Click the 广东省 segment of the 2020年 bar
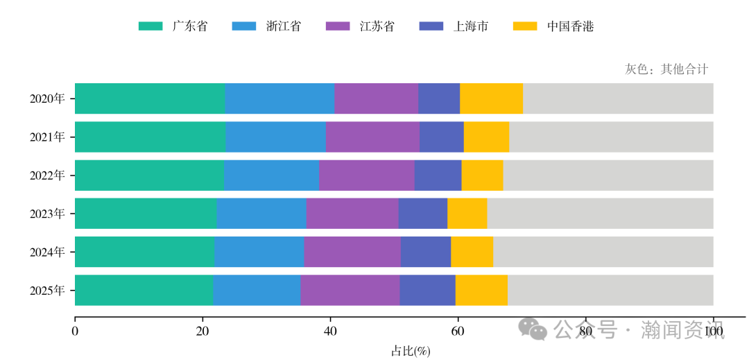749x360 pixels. click(150, 98)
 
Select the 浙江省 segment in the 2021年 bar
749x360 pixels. click(275, 137)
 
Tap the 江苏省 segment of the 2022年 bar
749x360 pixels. click(366, 175)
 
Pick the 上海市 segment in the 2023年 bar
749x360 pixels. click(422, 213)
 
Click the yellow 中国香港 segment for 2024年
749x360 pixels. click(472, 251)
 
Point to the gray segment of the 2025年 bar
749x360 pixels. click(610, 289)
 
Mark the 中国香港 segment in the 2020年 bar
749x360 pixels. click(491, 98)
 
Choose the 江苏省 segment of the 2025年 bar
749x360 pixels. click(350, 289)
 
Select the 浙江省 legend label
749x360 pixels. click(284, 26)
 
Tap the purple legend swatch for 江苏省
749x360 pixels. click(338, 26)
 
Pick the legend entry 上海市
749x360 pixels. click(471, 26)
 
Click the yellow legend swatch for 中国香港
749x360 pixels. click(525, 26)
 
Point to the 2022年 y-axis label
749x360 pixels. click(47, 175)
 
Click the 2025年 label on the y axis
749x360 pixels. click(47, 290)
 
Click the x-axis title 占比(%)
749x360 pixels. click(411, 351)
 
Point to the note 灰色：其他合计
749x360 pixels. click(666, 69)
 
